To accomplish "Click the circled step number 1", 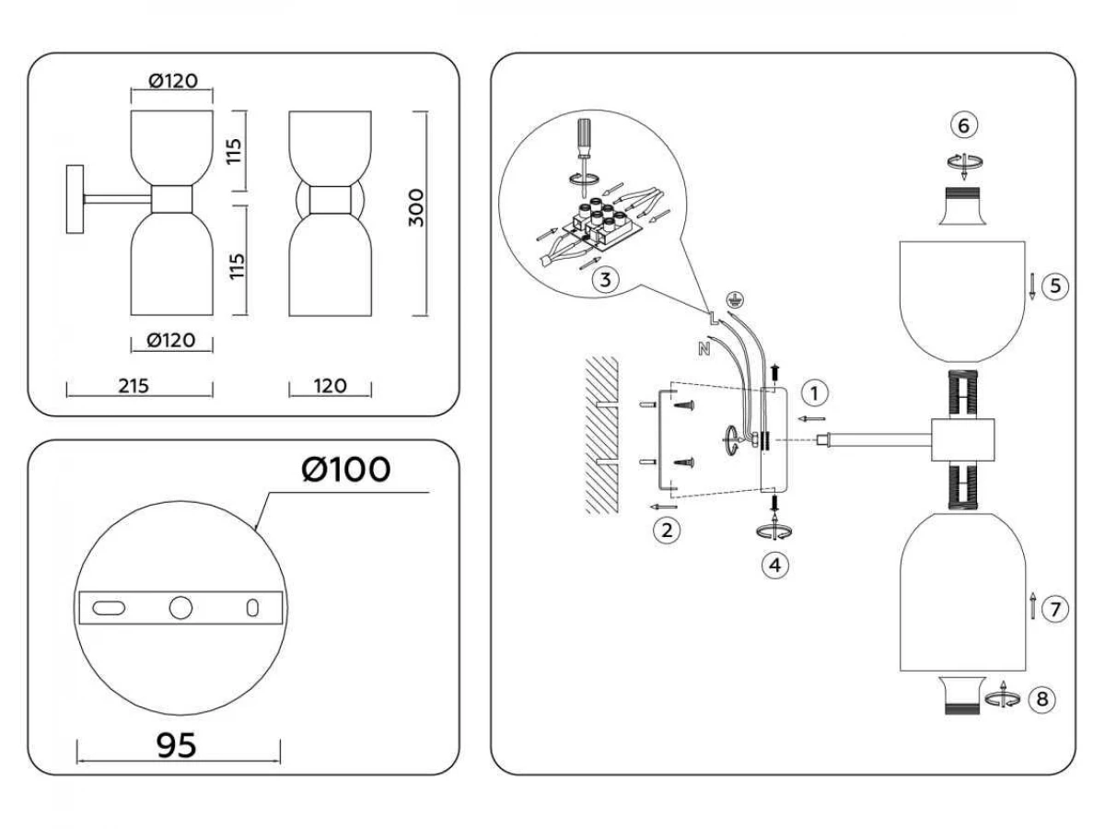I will [813, 393].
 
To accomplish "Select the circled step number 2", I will [666, 530].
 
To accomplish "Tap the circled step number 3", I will [603, 281].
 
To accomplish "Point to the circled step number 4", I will [775, 565].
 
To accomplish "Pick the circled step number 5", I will [1055, 286].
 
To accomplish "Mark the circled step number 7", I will [1055, 608].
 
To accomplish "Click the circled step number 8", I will [1041, 699].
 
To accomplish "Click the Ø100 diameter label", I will [345, 470].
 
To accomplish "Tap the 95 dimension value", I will [177, 745].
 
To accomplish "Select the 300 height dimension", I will [416, 210].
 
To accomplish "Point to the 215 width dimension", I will [134, 386].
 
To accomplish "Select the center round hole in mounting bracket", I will [180, 607].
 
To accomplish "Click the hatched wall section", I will [599, 435].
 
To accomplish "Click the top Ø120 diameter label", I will [172, 81].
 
